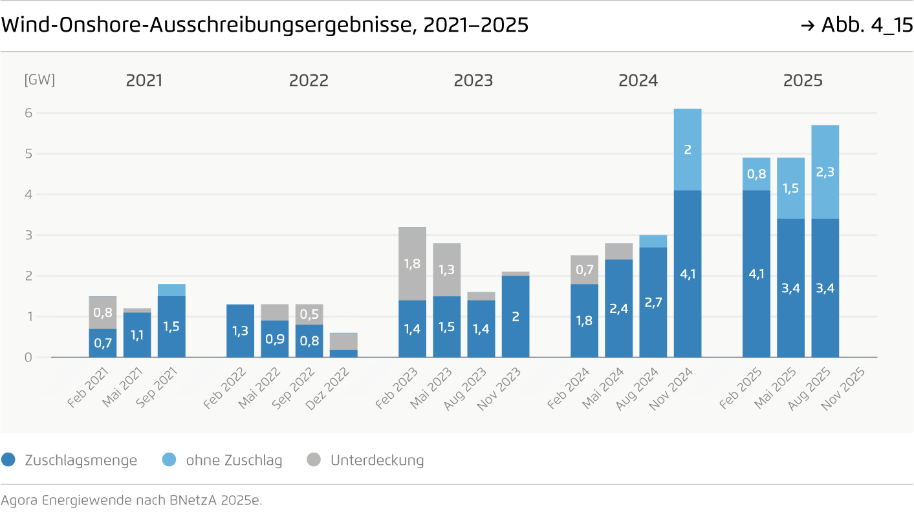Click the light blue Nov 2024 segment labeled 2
coord(688,149)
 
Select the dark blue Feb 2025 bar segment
coord(756,273)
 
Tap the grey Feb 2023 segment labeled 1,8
coord(412,263)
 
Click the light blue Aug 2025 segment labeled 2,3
coord(825,172)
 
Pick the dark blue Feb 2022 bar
coord(241,330)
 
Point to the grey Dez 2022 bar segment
coord(343,341)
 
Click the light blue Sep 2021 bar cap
coord(171,290)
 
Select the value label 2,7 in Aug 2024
coord(653,301)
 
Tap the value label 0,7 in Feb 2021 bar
coord(103,343)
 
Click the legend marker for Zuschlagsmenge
coord(8,460)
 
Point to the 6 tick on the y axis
coord(28,113)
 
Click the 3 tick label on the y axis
coord(28,235)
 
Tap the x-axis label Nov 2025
coord(843,389)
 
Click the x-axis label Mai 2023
coord(431,389)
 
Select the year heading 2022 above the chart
coord(309,81)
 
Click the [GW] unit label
coord(39,80)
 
